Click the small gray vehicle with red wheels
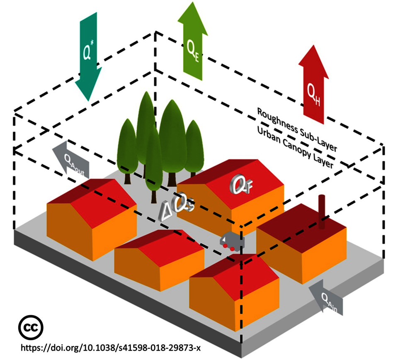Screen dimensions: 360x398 231,241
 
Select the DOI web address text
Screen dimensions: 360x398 114,346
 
